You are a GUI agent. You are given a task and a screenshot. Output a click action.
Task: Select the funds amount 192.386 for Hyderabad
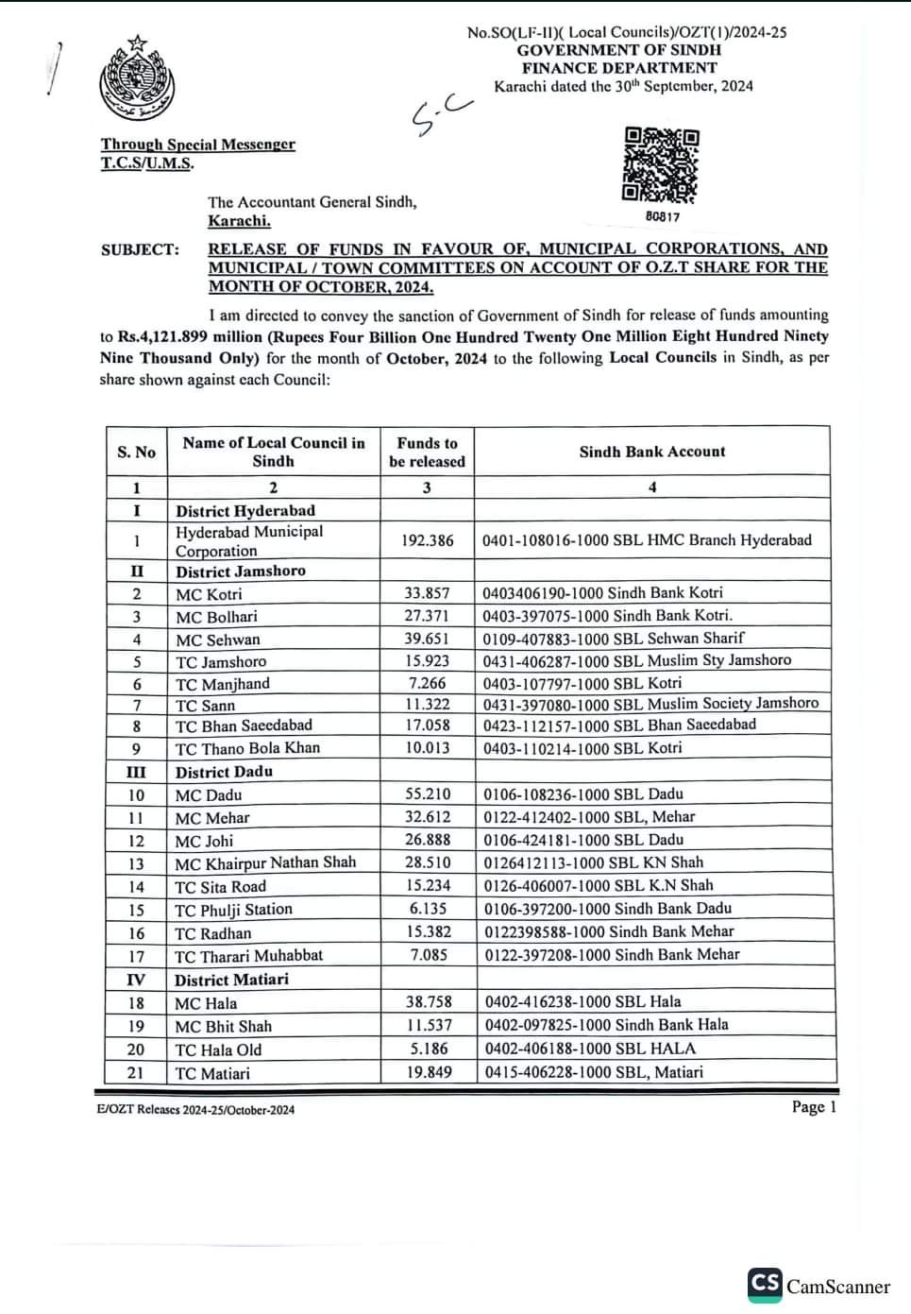tap(427, 540)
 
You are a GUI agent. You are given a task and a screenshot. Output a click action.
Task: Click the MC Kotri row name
tap(209, 594)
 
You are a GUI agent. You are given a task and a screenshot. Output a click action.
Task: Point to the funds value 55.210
tap(428, 794)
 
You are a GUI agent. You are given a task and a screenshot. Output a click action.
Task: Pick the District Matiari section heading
tap(231, 980)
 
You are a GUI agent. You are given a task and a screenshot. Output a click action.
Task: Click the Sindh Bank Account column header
tap(652, 452)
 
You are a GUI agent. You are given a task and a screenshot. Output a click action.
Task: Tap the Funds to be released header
tap(427, 452)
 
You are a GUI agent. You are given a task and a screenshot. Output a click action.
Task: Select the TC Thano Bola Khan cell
tap(247, 748)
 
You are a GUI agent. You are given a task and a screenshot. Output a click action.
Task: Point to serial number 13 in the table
tap(136, 863)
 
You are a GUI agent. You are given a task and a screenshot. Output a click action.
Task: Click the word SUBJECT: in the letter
tap(140, 249)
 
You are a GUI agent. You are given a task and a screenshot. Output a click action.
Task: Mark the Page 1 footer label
tap(814, 1106)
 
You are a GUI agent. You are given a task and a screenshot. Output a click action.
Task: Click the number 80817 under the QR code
tap(663, 216)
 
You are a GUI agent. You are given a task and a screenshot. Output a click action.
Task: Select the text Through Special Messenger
tap(198, 145)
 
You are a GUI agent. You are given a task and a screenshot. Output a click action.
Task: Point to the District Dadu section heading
tap(224, 772)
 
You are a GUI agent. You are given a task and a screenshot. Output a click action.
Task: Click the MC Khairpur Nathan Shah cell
tap(265, 862)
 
